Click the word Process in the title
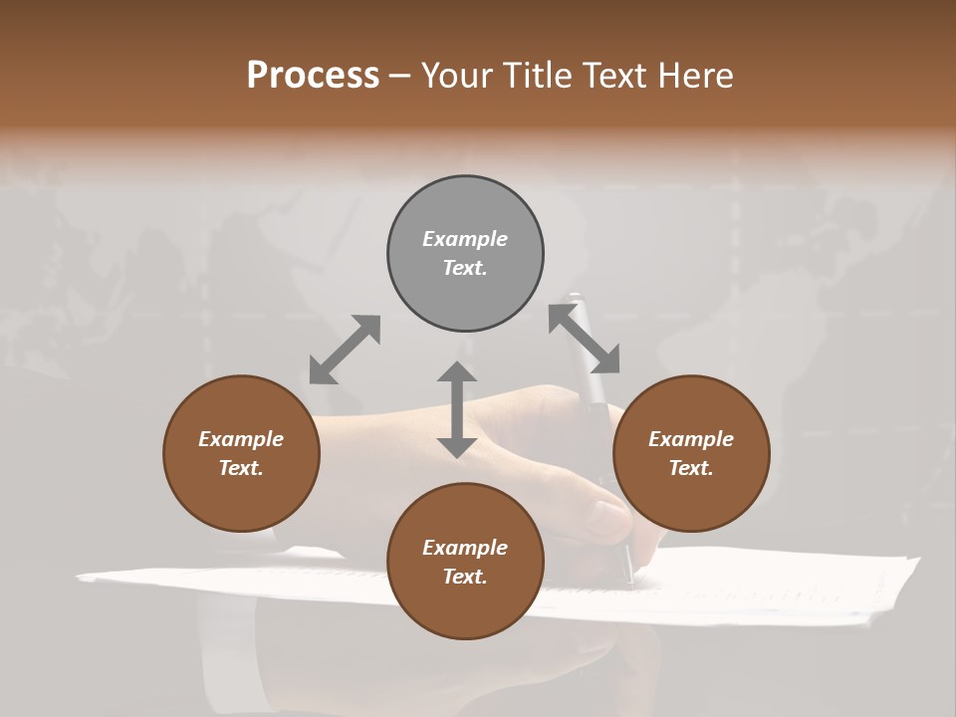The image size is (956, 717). point(313,76)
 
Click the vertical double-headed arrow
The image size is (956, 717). point(457,409)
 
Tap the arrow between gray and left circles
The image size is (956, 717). point(345,349)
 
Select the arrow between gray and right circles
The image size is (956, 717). point(585,339)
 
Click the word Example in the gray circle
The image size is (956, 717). point(465,239)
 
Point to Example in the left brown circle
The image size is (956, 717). point(241,439)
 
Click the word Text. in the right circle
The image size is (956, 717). point(691,468)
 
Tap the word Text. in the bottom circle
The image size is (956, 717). point(465,577)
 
